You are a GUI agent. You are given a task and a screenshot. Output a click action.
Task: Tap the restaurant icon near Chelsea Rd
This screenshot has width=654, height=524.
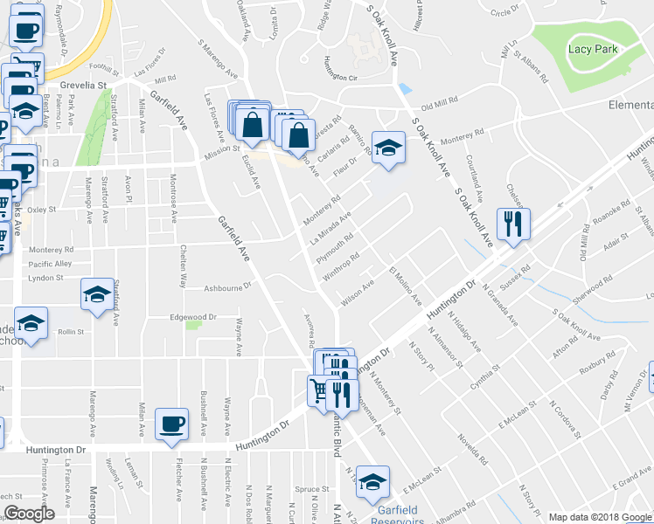[x=511, y=224]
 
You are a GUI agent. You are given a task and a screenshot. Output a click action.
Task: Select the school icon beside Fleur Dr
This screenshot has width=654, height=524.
[x=386, y=147]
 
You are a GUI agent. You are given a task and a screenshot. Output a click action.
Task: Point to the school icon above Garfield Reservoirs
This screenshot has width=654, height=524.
[x=373, y=481]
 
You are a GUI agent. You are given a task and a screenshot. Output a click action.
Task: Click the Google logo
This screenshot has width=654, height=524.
[x=29, y=514]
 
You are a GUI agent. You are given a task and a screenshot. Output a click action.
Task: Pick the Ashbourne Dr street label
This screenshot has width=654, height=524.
[x=227, y=286]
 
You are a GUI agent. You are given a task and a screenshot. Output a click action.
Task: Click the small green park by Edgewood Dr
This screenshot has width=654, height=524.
[x=193, y=324]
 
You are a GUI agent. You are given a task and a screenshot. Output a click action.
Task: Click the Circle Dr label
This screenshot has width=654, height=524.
[x=505, y=12]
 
